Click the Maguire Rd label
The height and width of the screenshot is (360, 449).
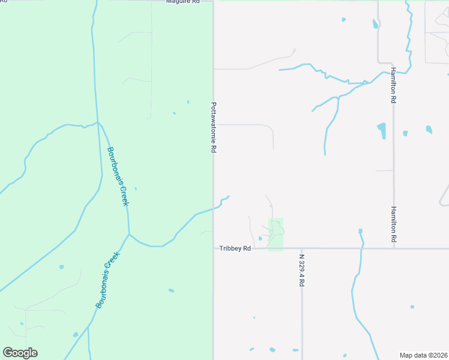[x=183, y=2]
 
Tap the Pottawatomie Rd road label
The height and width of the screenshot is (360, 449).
[x=214, y=127]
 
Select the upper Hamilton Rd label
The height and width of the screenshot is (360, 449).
[x=394, y=85]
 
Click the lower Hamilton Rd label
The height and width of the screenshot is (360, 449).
[x=394, y=224]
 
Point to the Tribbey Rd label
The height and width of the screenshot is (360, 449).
[x=234, y=248]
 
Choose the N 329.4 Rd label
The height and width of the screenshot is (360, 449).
[x=302, y=269]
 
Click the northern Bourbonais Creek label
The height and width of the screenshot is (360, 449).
[x=118, y=176]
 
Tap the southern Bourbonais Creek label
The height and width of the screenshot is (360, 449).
[x=108, y=280]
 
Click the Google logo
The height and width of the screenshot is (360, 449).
[x=20, y=353]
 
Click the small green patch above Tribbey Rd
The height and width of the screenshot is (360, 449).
[x=276, y=235]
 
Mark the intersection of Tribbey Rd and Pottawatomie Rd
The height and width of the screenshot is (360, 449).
[x=214, y=248]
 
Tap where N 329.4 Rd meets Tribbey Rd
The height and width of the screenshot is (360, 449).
[x=302, y=248]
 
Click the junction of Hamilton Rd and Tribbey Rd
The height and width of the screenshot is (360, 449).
[x=394, y=248]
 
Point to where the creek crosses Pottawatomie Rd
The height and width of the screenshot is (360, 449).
[x=214, y=208]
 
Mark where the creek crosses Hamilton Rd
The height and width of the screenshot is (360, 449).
[x=390, y=72]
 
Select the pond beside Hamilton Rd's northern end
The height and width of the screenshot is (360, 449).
[x=376, y=24]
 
